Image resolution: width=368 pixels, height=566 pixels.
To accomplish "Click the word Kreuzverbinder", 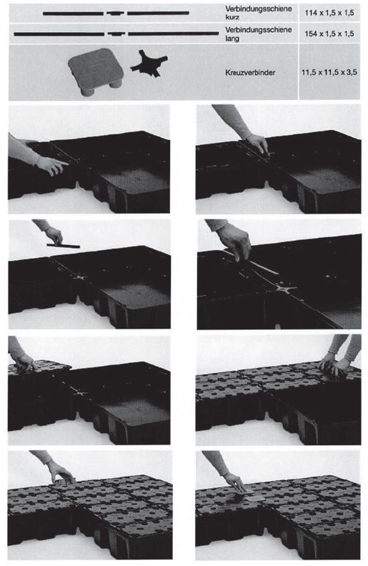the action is click(x=250, y=73).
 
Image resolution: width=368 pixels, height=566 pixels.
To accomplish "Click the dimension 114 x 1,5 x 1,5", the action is click(x=329, y=13).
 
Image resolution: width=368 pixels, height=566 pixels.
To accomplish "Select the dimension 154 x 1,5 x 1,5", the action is click(x=329, y=34).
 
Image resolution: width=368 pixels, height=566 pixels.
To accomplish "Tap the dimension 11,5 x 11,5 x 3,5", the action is click(x=329, y=73).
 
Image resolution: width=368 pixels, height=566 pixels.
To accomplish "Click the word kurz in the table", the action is click(x=232, y=17).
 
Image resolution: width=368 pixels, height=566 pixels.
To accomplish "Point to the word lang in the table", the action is click(x=232, y=38).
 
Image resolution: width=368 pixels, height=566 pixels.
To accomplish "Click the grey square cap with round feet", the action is click(x=96, y=71).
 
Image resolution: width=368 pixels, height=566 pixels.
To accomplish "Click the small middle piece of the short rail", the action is click(x=115, y=14).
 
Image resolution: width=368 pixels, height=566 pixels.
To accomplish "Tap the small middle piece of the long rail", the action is click(x=116, y=34).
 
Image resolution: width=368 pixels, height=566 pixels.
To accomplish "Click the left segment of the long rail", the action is click(x=59, y=34).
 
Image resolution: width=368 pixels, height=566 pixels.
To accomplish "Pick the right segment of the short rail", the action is click(x=158, y=14).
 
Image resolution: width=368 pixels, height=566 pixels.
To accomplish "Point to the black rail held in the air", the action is click(x=63, y=245).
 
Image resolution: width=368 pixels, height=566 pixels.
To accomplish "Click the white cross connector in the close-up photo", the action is click(x=285, y=288).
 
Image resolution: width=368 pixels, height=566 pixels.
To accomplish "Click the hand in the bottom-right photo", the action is click(x=234, y=481).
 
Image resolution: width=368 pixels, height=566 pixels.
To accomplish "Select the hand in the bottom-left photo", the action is click(x=61, y=473).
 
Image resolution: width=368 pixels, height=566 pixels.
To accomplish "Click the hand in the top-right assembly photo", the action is click(x=257, y=143).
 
